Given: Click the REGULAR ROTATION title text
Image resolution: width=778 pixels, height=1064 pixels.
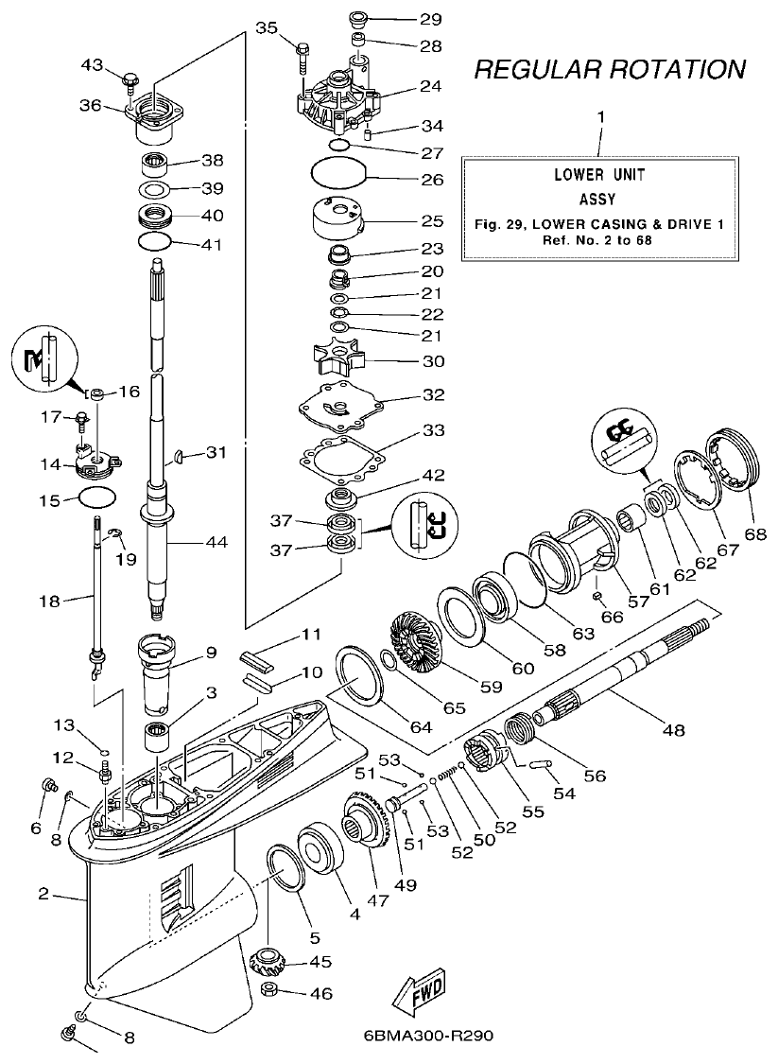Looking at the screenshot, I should tap(609, 69).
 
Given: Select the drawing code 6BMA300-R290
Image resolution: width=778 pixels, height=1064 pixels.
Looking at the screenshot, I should tap(427, 1035).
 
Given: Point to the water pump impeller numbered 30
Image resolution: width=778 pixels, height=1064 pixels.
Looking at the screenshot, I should tap(341, 361).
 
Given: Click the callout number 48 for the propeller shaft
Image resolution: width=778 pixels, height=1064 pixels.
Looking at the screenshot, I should tap(674, 730).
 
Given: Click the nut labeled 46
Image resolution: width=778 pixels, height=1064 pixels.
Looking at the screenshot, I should tap(268, 993).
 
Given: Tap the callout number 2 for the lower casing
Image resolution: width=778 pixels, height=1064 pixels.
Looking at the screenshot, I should tap(43, 894).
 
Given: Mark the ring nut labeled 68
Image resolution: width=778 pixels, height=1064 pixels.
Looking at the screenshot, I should tap(736, 460).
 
